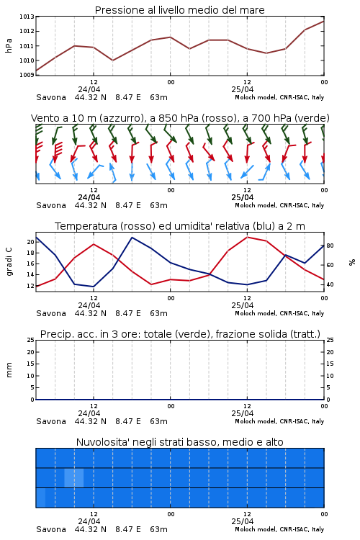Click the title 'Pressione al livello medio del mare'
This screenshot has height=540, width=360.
pyautogui.click(x=179, y=10)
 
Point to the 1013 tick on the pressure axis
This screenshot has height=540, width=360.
pyautogui.click(x=27, y=17)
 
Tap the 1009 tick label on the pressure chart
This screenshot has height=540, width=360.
pyautogui.click(x=27, y=75)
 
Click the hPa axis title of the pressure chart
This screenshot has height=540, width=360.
pyautogui.click(x=9, y=45)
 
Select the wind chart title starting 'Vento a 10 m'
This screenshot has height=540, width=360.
pyautogui.click(x=180, y=118)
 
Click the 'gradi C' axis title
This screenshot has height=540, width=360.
pyautogui.click(x=9, y=262)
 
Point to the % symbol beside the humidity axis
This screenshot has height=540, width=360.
pyautogui.click(x=352, y=262)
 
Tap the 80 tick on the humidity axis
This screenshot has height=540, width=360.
pyautogui.click(x=330, y=246)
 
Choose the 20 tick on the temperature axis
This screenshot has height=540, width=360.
pyautogui.click(x=31, y=242)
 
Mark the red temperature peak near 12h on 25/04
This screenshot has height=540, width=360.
pyautogui.click(x=247, y=237)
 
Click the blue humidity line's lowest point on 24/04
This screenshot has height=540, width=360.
pyautogui.click(x=93, y=287)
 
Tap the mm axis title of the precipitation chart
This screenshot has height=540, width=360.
pyautogui.click(x=9, y=370)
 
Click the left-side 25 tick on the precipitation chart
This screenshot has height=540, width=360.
pyautogui.click(x=31, y=340)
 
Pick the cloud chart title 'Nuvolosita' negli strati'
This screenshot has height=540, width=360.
pyautogui.click(x=179, y=442)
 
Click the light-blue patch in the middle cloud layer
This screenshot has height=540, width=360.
pyautogui.click(x=74, y=477)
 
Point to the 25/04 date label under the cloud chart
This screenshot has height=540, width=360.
pyautogui.click(x=242, y=521)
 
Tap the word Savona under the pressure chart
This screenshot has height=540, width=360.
pyautogui.click(x=51, y=97)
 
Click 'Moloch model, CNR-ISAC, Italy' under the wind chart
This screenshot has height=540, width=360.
pyautogui.click(x=279, y=205)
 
